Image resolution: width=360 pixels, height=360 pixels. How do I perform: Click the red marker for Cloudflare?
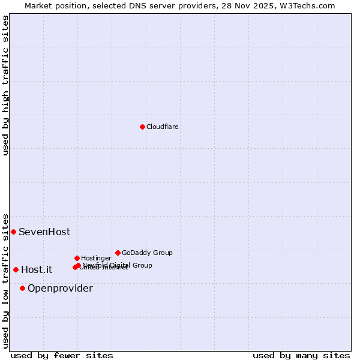pyautogui.click(x=142, y=127)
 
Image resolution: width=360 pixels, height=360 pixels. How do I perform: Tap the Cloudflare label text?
pyautogui.click(x=162, y=127)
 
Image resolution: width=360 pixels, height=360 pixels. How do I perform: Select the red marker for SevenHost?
pyautogui.click(x=13, y=232)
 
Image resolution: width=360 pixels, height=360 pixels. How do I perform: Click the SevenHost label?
pyautogui.click(x=44, y=232)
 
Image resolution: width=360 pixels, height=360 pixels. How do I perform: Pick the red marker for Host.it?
pyautogui.click(x=16, y=269)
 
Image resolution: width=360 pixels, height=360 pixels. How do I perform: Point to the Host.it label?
pyautogui.click(x=37, y=269)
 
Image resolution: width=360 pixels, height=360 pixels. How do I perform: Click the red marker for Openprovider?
pyautogui.click(x=22, y=288)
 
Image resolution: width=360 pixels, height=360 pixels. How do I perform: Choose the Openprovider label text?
pyautogui.click(x=60, y=288)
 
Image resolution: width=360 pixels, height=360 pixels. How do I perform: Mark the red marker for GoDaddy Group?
pyautogui.click(x=118, y=253)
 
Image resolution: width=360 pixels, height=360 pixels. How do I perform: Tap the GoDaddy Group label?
pyautogui.click(x=147, y=253)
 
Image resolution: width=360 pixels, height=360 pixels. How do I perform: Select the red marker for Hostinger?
pyautogui.click(x=77, y=258)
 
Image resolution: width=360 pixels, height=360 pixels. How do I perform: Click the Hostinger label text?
pyautogui.click(x=96, y=258)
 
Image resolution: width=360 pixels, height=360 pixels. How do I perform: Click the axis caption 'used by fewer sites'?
pyautogui.click(x=62, y=355)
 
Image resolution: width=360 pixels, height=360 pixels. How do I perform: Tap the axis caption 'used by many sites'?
pyautogui.click(x=301, y=355)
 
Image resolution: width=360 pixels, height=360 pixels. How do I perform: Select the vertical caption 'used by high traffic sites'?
pyautogui.click(x=5, y=85)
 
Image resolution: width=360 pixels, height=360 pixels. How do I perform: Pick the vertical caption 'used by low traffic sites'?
pyautogui.click(x=5, y=280)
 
